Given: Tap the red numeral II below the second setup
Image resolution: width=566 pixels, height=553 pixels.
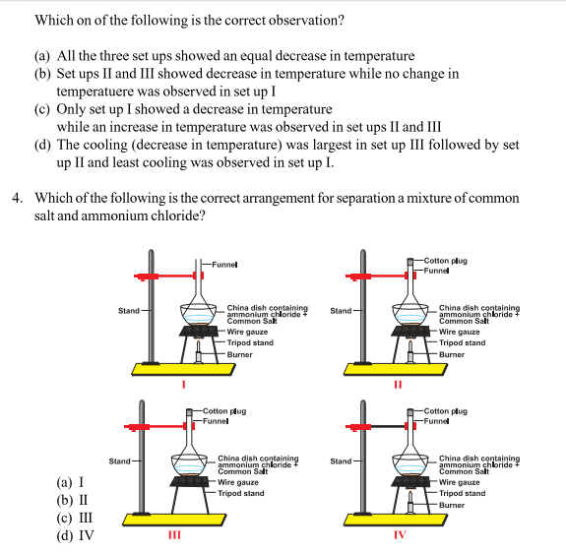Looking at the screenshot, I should [x=397, y=385].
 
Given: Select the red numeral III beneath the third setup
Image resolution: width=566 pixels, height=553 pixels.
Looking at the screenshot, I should [x=173, y=534].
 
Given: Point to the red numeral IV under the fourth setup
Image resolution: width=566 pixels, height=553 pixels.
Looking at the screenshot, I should [x=398, y=534].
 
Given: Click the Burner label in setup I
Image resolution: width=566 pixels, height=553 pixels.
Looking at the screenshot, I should [x=239, y=354].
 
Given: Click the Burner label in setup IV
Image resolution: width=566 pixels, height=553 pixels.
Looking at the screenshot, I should [x=452, y=504].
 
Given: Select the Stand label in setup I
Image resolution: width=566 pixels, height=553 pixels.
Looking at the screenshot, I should [x=128, y=311].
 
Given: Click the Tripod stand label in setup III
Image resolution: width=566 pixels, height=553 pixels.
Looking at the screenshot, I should [x=240, y=493].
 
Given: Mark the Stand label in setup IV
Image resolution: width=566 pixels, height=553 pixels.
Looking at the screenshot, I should [x=341, y=461].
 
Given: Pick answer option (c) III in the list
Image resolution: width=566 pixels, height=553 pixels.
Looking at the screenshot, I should [x=75, y=519].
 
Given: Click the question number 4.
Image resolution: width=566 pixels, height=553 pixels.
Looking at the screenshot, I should [x=18, y=197].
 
